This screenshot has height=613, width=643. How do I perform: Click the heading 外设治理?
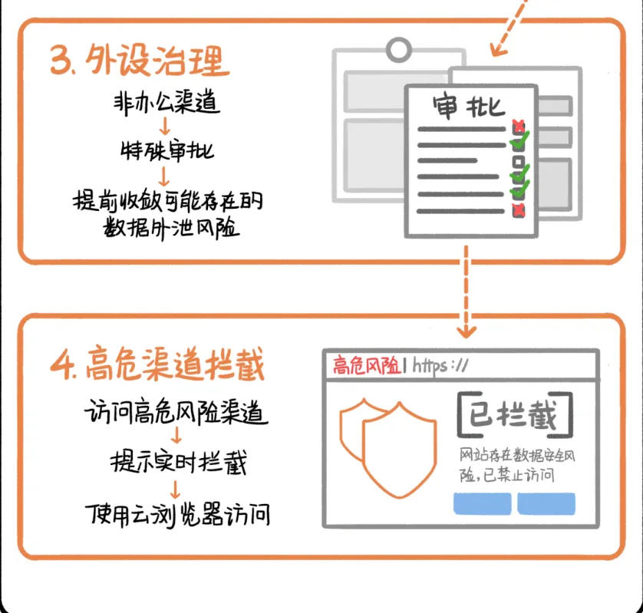140,58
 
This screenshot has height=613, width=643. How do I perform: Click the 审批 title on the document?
468,105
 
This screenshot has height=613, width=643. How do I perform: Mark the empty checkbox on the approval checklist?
518,162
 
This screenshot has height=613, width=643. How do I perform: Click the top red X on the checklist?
519,125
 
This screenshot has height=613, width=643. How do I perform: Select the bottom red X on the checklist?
519,208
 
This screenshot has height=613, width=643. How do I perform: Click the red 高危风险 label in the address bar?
366,365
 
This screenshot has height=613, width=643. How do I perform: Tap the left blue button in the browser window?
482,503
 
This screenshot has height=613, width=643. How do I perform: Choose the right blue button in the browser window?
546,503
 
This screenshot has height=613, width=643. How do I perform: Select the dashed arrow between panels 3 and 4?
465,295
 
